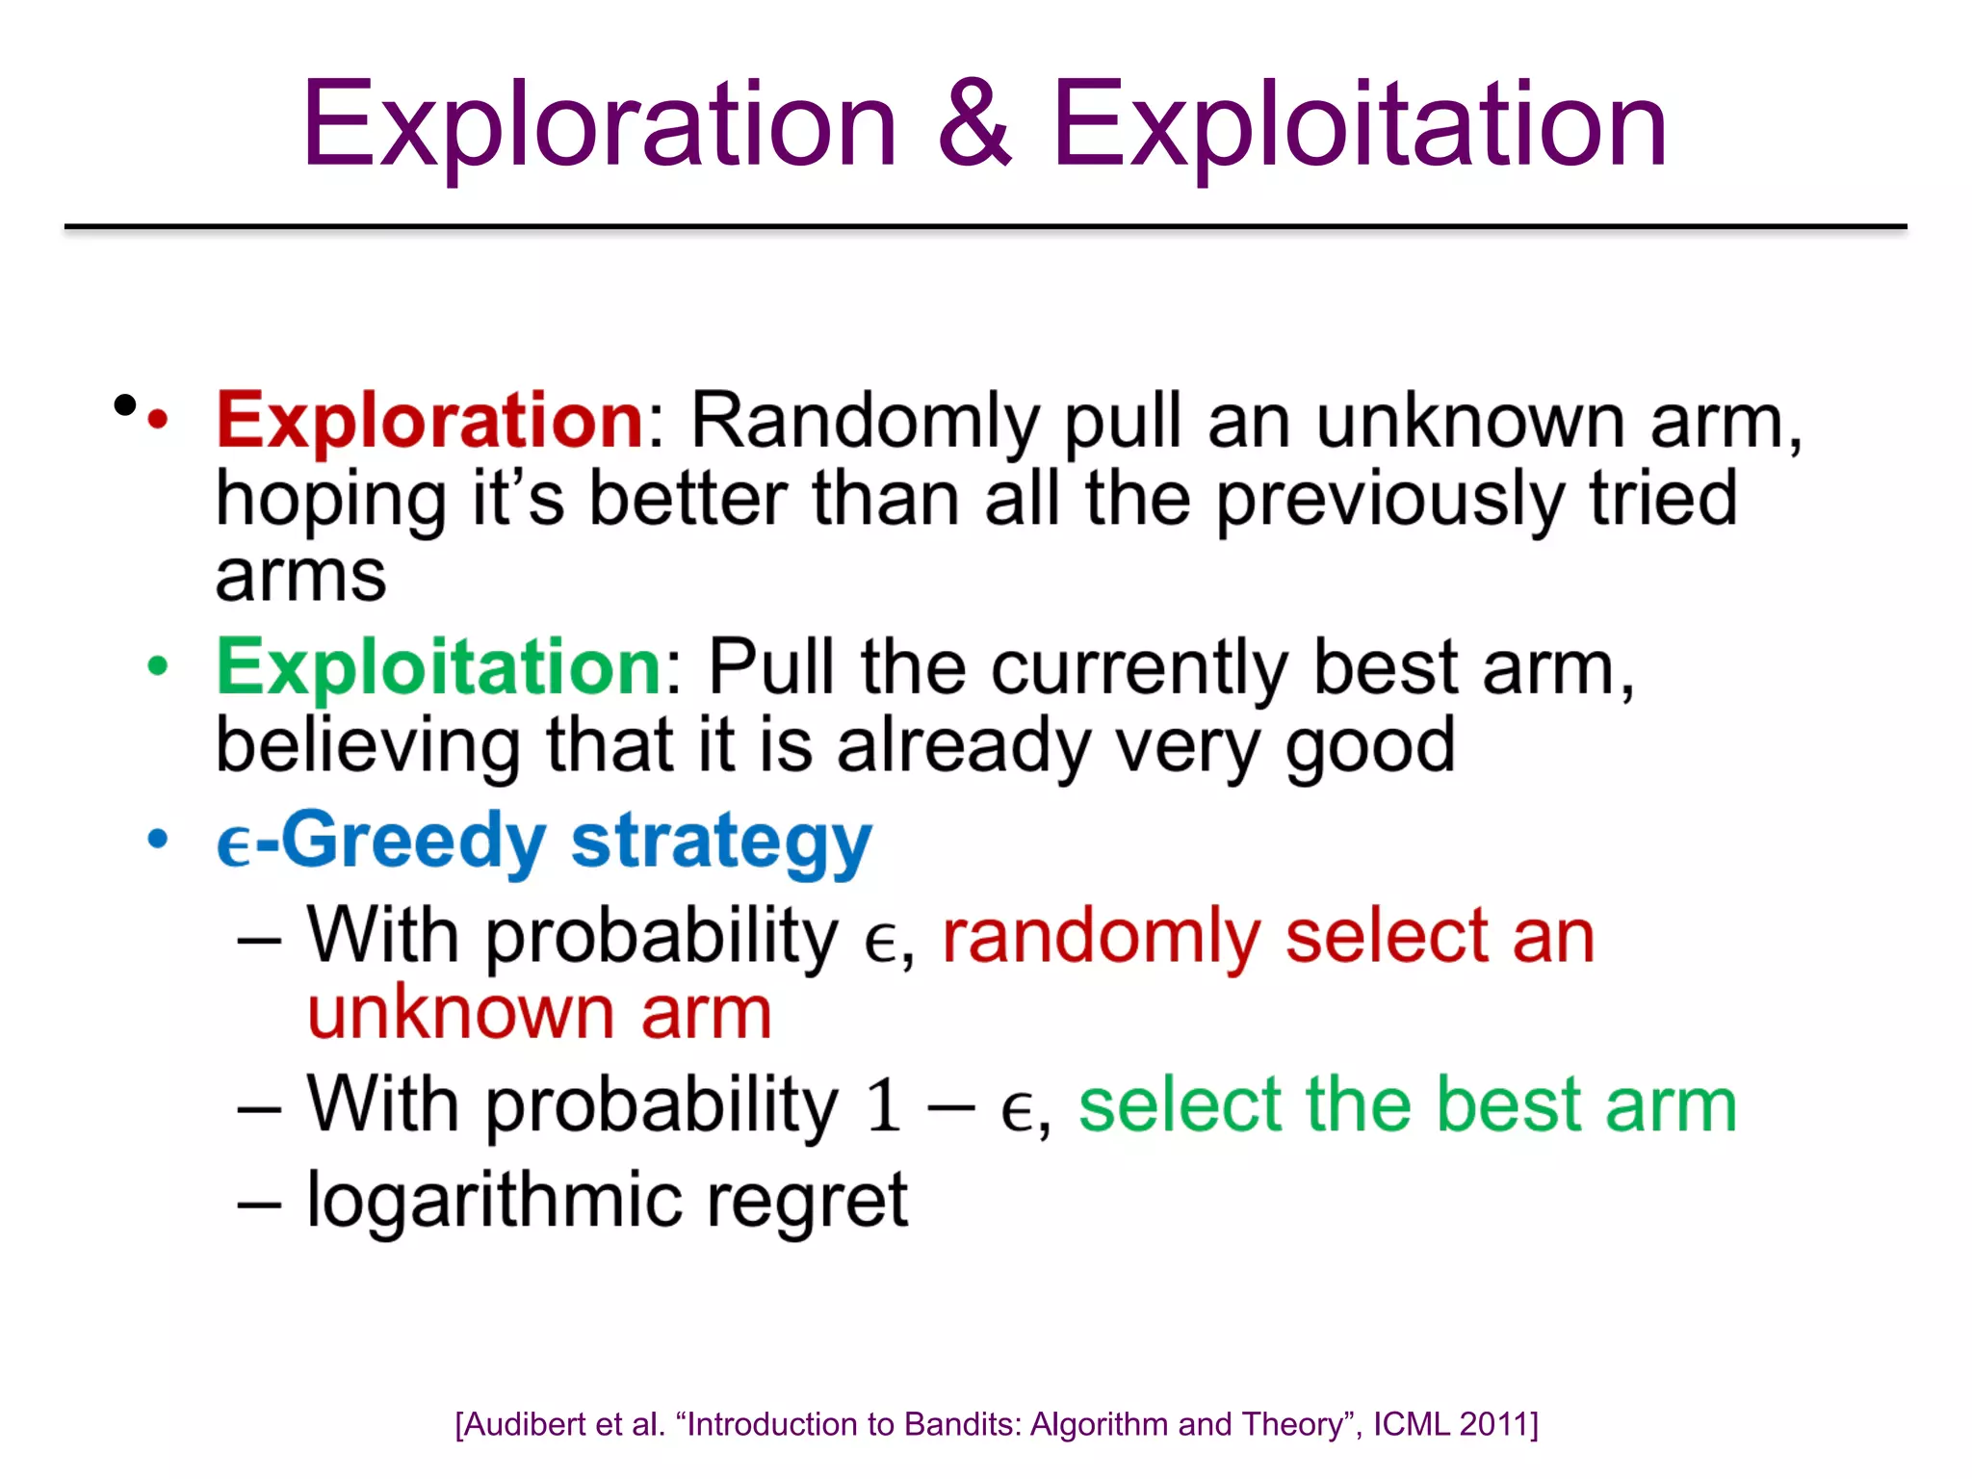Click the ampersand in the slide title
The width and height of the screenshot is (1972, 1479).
tap(974, 125)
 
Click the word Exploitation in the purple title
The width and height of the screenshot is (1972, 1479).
tap(1359, 125)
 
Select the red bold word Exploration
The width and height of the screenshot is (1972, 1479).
tap(429, 421)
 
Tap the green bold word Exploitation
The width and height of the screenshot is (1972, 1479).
tap(438, 667)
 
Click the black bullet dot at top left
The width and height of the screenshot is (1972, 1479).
tap(124, 405)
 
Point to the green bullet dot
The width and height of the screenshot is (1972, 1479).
tap(158, 666)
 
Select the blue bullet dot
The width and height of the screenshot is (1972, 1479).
tap(158, 839)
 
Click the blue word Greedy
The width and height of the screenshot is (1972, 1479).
tap(413, 841)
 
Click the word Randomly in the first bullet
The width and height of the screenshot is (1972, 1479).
tap(865, 422)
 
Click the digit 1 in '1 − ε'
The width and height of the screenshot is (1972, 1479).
tap(883, 1105)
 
